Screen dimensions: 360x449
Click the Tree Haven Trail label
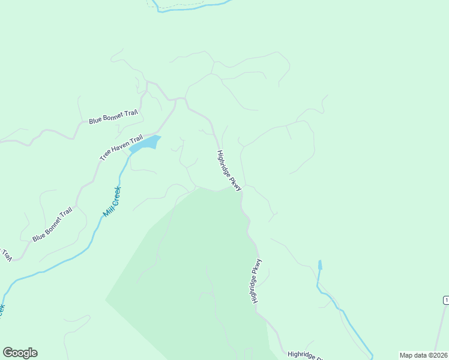pos(121,147)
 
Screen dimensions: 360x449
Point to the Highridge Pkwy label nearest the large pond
pos(229,170)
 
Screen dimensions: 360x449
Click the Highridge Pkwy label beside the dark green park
pos(256,280)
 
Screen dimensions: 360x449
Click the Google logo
pos(20,353)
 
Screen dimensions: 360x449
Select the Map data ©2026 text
pos(423,355)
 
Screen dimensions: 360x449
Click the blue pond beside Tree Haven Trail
pos(145,144)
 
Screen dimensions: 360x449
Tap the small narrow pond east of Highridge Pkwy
pos(320,265)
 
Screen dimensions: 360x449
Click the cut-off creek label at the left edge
pos(2,308)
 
